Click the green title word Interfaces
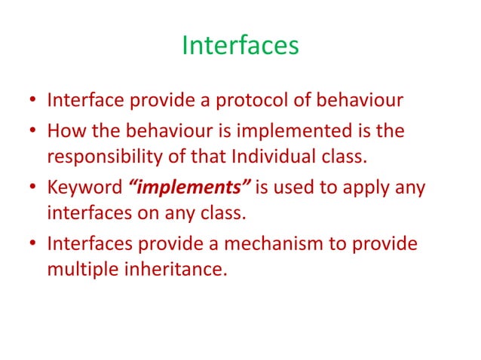click(240, 46)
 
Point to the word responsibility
click(102, 157)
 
